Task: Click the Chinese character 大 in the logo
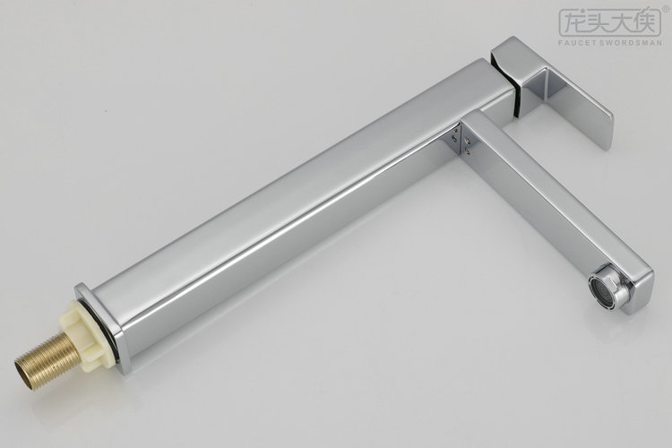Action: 623,21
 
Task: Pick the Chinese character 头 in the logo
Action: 598,21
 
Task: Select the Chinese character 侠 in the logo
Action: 647,21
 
